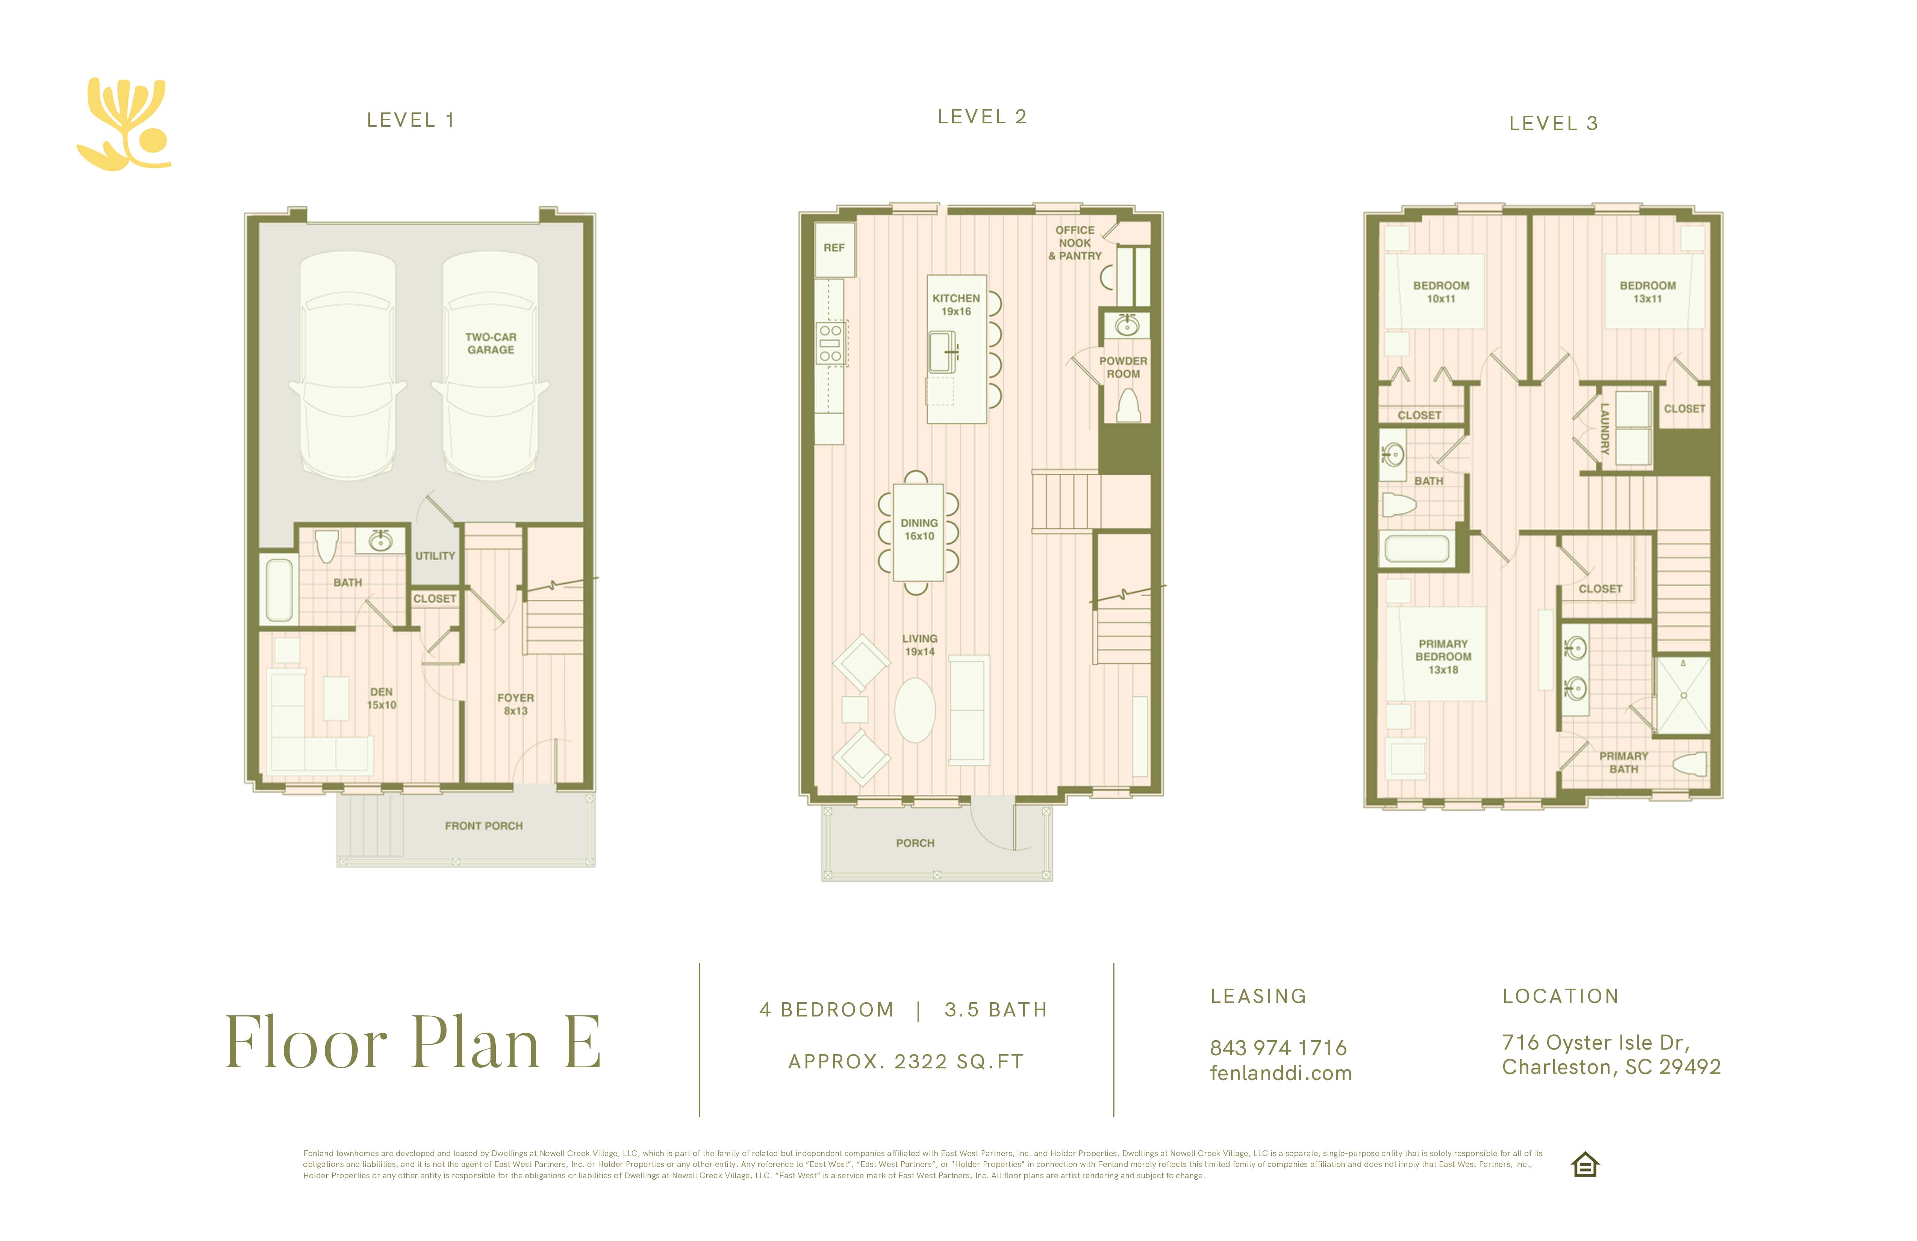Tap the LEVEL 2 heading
(x=982, y=117)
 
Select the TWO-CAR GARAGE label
(x=491, y=343)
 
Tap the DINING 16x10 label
(x=919, y=529)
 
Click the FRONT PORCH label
(x=484, y=826)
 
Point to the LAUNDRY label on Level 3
(x=1605, y=429)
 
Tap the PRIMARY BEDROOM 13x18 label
(x=1443, y=657)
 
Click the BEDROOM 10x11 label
(x=1441, y=292)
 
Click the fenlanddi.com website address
(x=1281, y=1073)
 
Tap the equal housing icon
(x=1585, y=1165)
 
